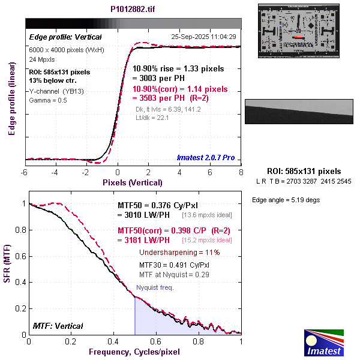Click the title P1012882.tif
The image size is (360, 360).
pyautogui.click(x=133, y=10)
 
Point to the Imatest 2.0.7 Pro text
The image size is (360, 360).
pyautogui.click(x=206, y=158)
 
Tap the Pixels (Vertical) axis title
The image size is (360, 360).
pyautogui.click(x=133, y=182)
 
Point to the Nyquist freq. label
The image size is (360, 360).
pyautogui.click(x=155, y=288)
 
